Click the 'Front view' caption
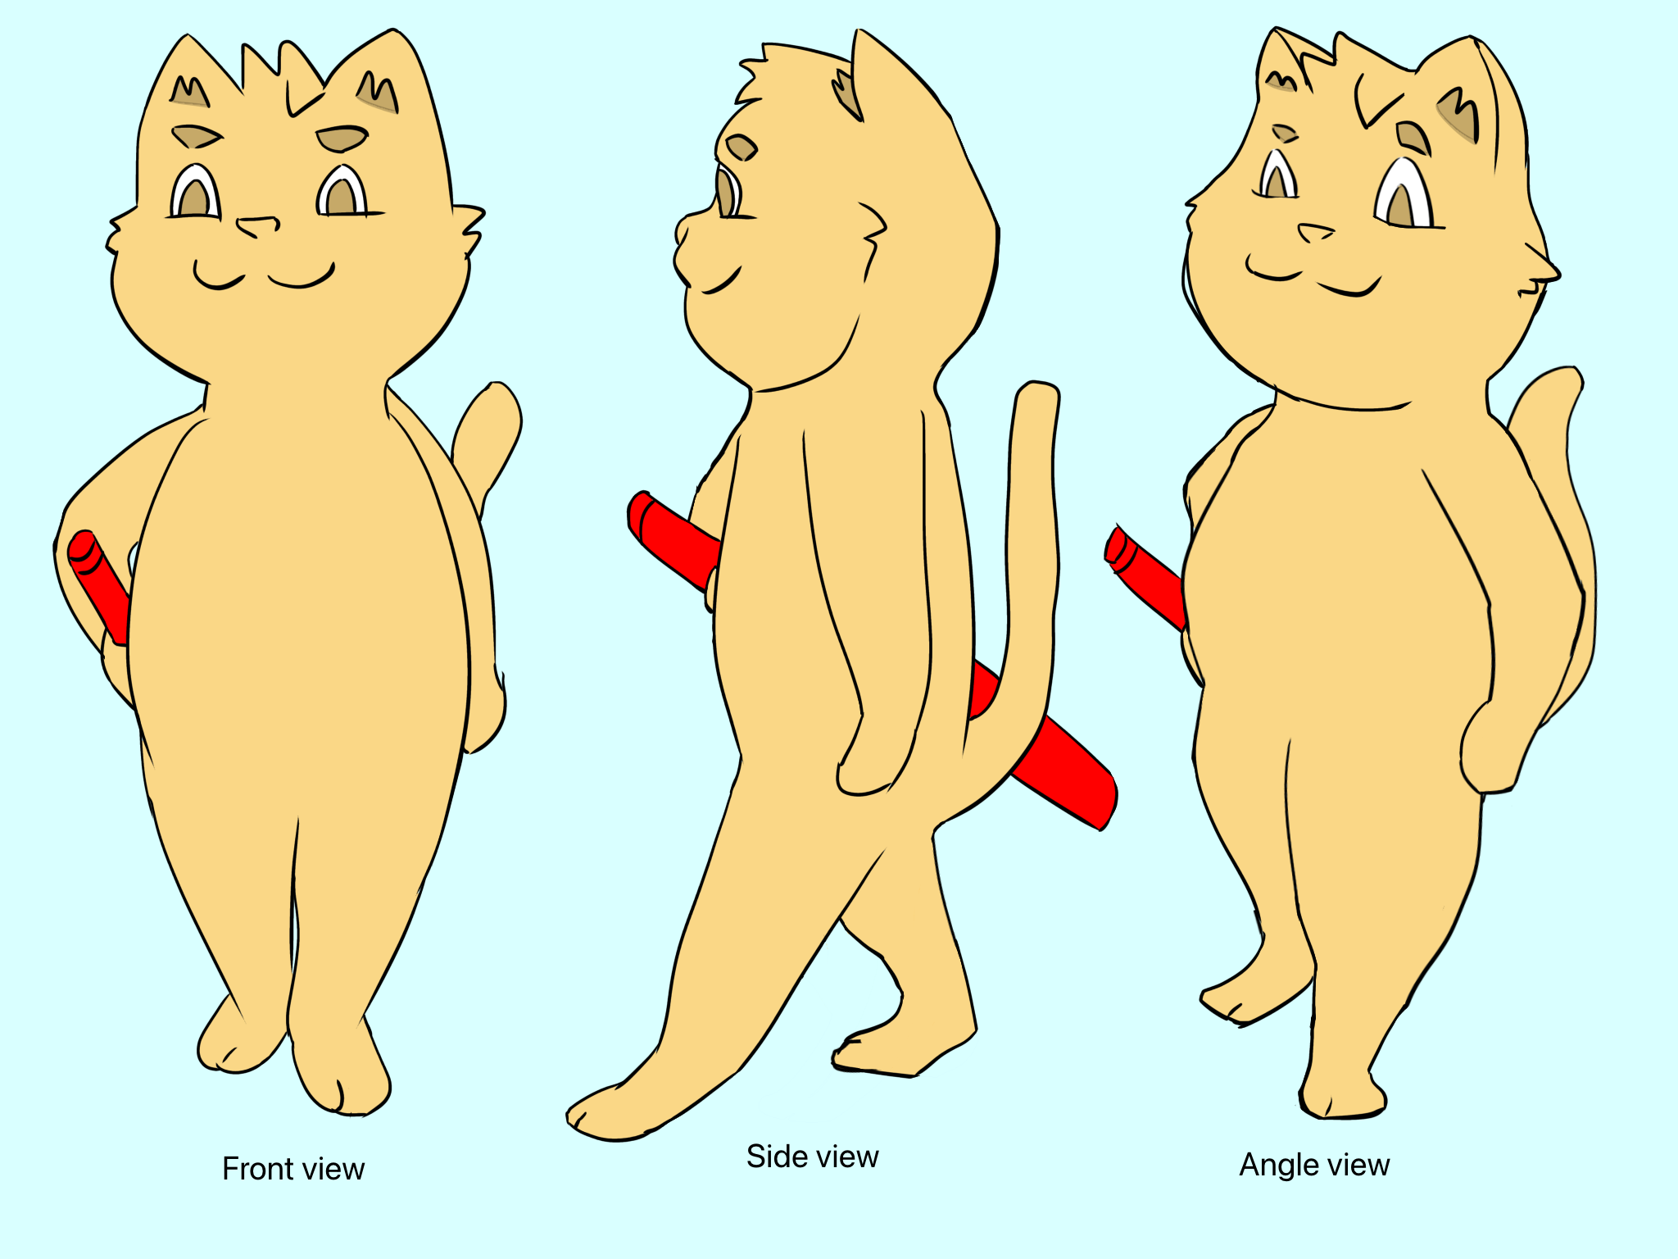click(x=293, y=1169)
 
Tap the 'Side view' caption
click(x=812, y=1157)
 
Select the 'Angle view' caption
click(x=1314, y=1166)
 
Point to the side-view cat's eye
click(x=727, y=193)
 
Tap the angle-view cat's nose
click(x=1316, y=233)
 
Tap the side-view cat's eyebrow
click(x=741, y=148)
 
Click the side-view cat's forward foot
click(x=623, y=1107)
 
